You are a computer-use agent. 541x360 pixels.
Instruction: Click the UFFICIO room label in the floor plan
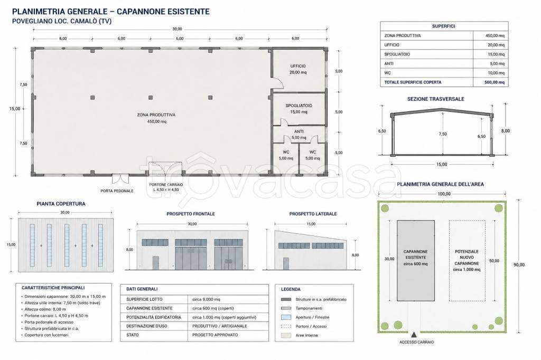(x=298, y=66)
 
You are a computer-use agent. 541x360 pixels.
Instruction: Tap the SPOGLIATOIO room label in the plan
(x=299, y=106)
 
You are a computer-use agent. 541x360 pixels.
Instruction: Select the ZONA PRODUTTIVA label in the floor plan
(x=156, y=115)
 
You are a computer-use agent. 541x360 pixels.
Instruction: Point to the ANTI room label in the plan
(x=299, y=131)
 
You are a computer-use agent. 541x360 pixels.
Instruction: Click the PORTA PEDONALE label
(x=117, y=191)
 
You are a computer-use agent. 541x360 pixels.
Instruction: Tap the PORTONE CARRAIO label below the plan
(x=166, y=185)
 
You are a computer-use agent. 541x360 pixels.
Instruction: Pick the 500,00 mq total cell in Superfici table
(x=495, y=82)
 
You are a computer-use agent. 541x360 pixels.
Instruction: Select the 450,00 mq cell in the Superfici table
(x=495, y=35)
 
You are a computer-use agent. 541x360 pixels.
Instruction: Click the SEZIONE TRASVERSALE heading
(x=436, y=99)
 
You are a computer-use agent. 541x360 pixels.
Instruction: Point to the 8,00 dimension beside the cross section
(x=506, y=131)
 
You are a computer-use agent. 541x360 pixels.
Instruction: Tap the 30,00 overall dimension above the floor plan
(x=177, y=29)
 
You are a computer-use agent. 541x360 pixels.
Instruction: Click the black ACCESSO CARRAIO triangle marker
(x=416, y=334)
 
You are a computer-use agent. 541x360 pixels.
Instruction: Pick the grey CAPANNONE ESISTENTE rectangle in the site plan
(x=416, y=261)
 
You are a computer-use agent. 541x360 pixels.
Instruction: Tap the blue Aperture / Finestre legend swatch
(x=286, y=317)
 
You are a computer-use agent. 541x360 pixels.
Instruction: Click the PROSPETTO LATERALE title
(x=313, y=214)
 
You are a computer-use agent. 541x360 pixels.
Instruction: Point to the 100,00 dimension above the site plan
(x=444, y=194)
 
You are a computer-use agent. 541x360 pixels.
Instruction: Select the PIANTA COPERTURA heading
(x=61, y=204)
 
